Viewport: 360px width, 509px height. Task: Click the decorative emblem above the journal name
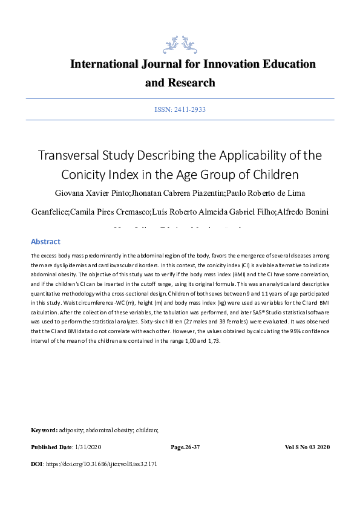(180, 44)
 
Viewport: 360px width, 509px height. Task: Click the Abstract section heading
(45, 241)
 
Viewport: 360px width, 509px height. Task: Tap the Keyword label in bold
(44, 430)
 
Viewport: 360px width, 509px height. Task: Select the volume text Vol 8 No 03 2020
(307, 447)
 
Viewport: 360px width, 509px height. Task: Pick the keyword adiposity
(73, 430)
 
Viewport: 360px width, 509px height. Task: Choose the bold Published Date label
(51, 447)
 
